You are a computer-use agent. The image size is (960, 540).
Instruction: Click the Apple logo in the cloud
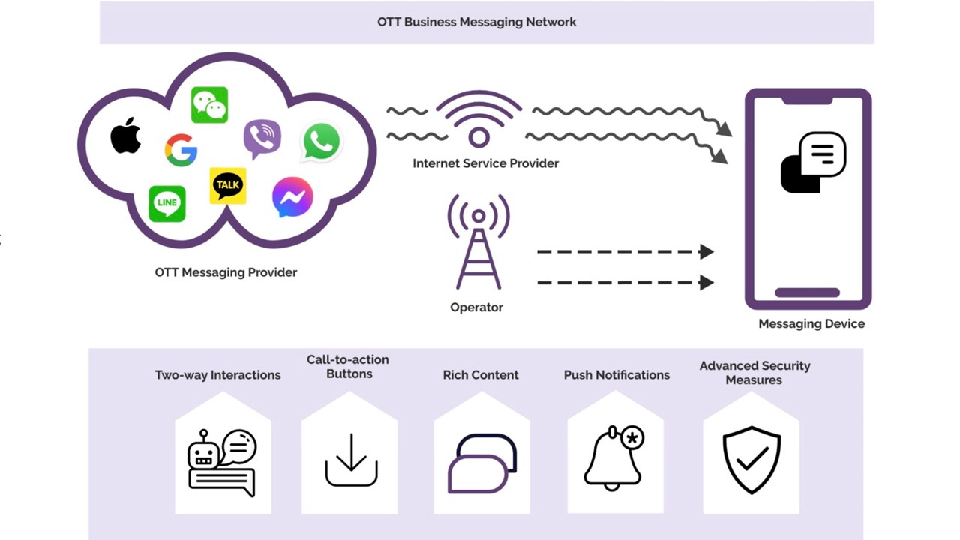pyautogui.click(x=126, y=136)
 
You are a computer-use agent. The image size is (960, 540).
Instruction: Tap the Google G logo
pyautogui.click(x=181, y=150)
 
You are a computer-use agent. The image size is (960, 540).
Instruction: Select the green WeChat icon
pyautogui.click(x=209, y=105)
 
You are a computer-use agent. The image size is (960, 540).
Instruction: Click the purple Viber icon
pyautogui.click(x=262, y=139)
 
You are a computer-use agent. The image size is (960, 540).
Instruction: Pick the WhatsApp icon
pyautogui.click(x=321, y=142)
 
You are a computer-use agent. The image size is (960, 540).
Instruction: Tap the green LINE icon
pyautogui.click(x=166, y=203)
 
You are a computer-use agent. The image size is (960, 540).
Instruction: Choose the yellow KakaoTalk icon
pyautogui.click(x=228, y=186)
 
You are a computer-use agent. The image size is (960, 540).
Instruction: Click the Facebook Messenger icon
pyautogui.click(x=292, y=197)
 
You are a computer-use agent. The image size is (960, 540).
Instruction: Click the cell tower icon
pyautogui.click(x=478, y=241)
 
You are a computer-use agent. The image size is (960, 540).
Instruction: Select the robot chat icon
pyautogui.click(x=221, y=462)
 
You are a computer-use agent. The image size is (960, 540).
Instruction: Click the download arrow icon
pyautogui.click(x=351, y=460)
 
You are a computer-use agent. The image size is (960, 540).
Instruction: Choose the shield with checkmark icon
pyautogui.click(x=751, y=460)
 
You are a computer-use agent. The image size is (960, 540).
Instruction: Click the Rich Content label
pyautogui.click(x=481, y=375)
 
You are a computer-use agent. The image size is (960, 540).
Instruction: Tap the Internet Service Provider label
pyautogui.click(x=485, y=163)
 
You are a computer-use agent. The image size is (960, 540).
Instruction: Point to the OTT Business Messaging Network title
pyautogui.click(x=477, y=22)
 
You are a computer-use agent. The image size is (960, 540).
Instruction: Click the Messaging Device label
pyautogui.click(x=811, y=324)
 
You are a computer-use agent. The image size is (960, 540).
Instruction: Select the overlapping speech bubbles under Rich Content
pyautogui.click(x=482, y=463)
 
